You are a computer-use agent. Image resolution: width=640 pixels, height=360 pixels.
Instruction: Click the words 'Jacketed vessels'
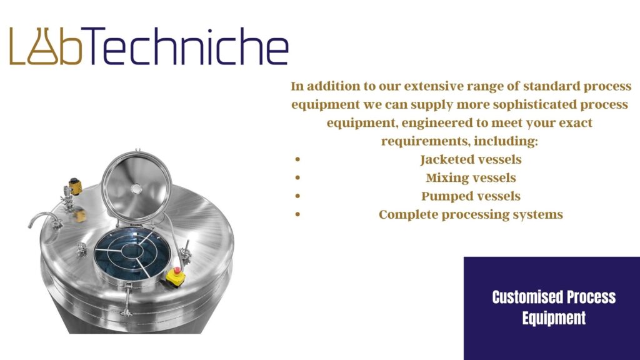471,159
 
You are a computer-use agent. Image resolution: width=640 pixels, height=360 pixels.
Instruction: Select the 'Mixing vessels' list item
471,177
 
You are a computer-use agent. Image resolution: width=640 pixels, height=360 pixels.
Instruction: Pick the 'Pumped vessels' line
471,196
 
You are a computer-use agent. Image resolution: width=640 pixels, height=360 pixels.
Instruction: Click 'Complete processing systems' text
471,215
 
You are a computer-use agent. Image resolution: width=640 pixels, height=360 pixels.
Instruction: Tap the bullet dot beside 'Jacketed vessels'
299,160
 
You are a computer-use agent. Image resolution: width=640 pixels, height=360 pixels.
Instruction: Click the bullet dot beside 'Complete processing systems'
299,215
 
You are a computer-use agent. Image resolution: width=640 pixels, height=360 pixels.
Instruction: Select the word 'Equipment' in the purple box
554,317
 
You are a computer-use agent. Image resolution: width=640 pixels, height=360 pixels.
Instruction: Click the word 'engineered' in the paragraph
435,123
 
